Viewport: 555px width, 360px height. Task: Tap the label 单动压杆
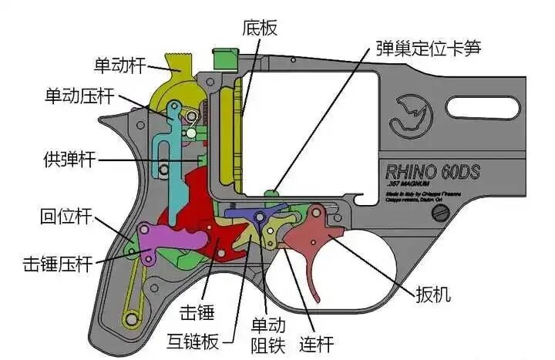pos(79,97)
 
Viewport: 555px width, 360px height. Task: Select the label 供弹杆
pos(69,160)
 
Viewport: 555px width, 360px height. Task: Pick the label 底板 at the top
pos(259,29)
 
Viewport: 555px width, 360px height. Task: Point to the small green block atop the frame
pos(223,57)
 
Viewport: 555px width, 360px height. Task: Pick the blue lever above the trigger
pos(254,214)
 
